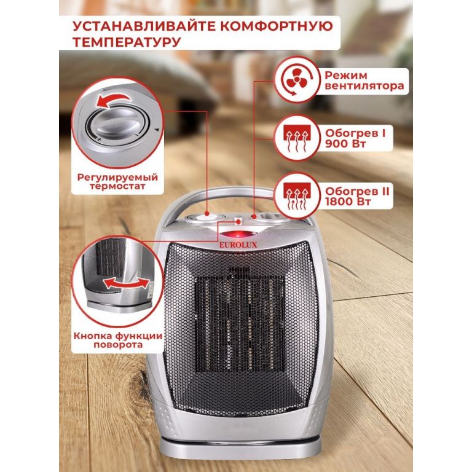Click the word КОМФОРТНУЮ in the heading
277,26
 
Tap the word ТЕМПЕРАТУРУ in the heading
127,42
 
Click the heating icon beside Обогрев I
297,138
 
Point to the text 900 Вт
345,144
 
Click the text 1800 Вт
348,202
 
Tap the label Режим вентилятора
364,81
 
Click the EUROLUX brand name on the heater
238,245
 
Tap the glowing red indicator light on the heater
238,234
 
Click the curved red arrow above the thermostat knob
114,100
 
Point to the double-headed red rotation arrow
127,283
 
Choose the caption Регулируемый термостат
118,181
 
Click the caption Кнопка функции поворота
118,340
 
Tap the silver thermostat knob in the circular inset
117,124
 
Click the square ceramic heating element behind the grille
240,324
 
